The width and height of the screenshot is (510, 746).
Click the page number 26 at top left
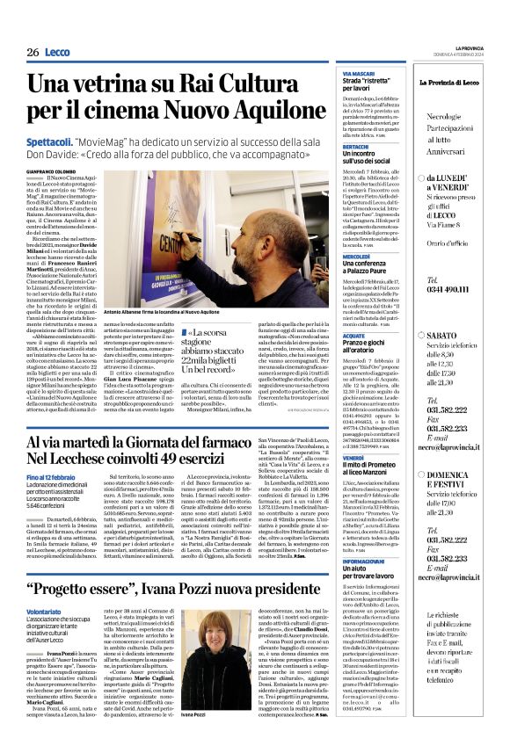[32, 53]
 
